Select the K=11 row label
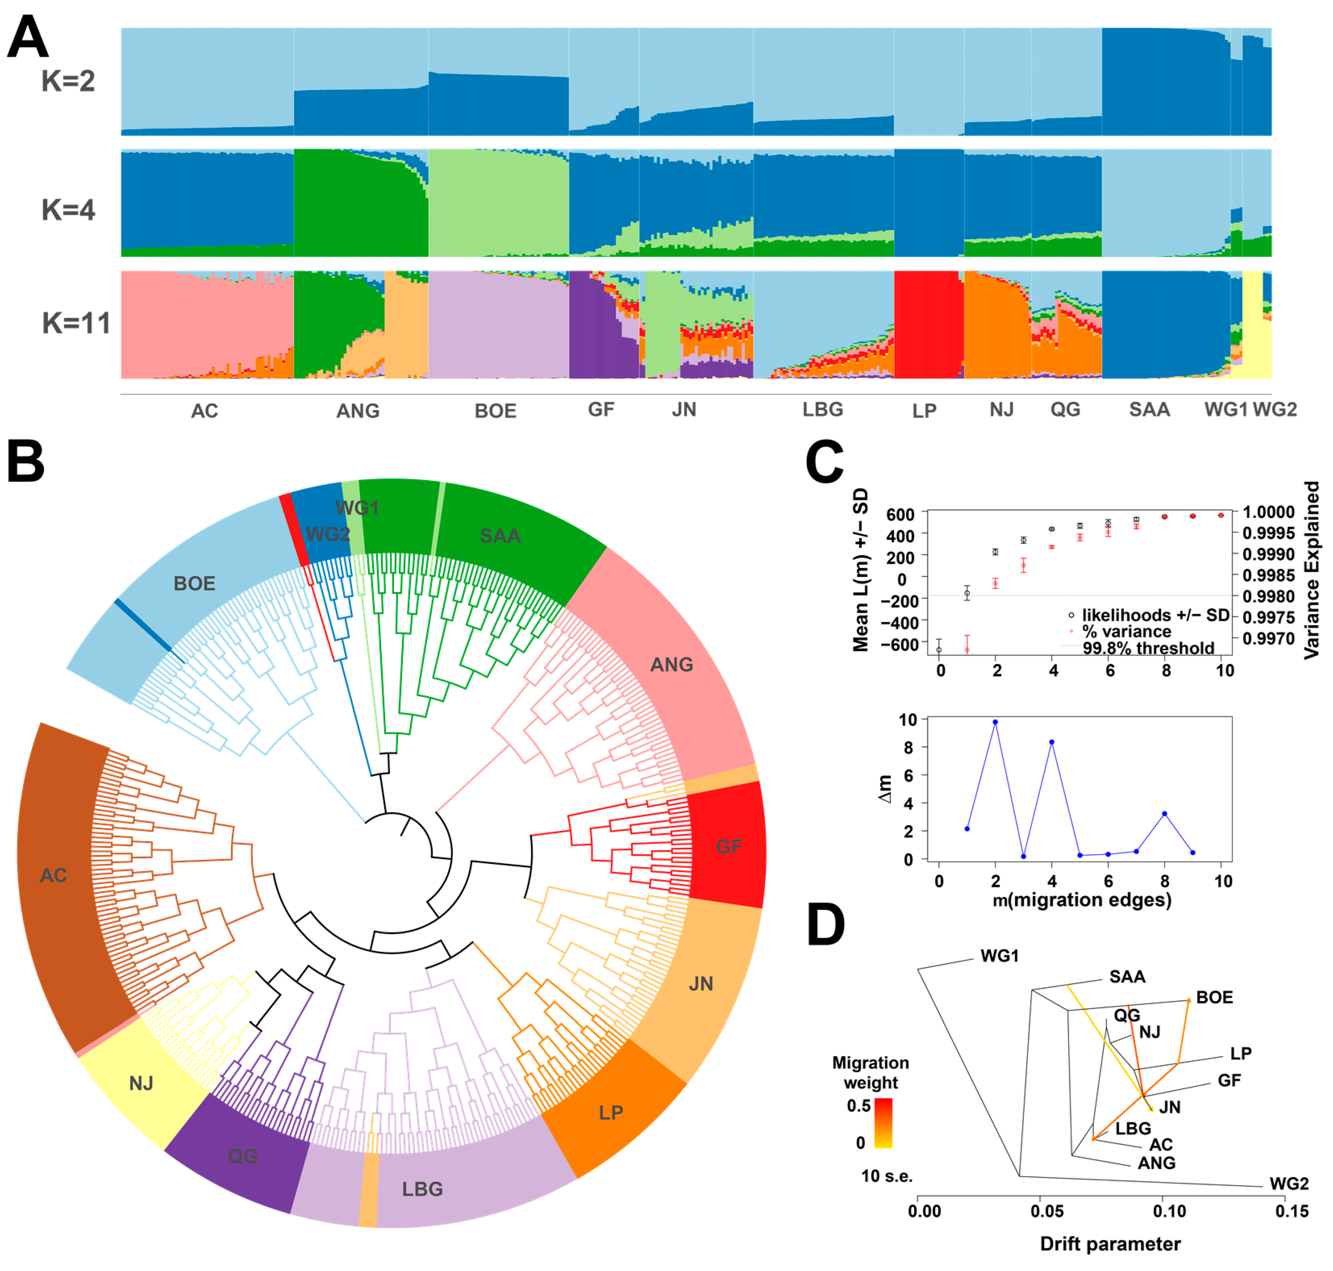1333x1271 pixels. tap(76, 323)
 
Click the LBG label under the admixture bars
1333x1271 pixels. tap(823, 410)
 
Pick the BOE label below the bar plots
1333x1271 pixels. tap(496, 411)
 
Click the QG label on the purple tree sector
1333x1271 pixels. tap(243, 1156)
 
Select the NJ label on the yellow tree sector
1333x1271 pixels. tap(141, 1083)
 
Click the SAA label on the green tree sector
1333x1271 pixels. tap(500, 536)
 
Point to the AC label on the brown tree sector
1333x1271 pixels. tap(54, 875)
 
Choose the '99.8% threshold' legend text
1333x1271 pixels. tap(1148, 648)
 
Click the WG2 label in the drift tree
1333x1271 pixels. tap(1289, 1184)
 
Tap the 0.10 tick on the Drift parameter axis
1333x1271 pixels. tap(1170, 1211)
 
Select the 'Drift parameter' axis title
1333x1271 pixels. tap(1110, 1244)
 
